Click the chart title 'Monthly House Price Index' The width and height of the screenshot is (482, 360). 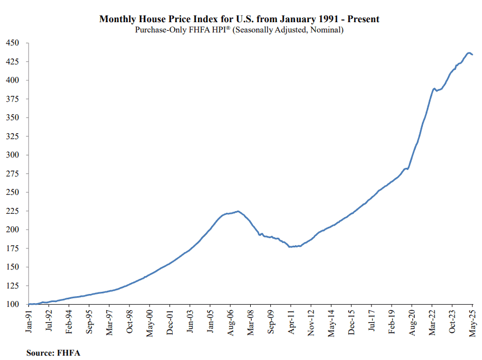tap(159, 19)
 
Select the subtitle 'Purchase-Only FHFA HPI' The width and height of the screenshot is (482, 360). tap(183, 30)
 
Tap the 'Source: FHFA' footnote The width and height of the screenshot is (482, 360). tap(53, 352)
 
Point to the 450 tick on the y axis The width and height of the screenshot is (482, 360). tap(12, 43)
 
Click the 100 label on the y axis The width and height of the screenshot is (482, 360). tap(12, 304)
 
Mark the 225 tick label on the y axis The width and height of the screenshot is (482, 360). tap(12, 211)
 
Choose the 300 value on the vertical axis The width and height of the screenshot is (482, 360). tap(12, 155)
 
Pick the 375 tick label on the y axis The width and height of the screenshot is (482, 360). tap(12, 99)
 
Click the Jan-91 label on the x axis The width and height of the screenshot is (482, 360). tap(29, 321)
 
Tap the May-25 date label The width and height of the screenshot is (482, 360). tap(472, 323)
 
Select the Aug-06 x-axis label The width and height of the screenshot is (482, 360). tap(230, 323)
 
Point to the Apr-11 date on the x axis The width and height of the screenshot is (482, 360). tap(291, 322)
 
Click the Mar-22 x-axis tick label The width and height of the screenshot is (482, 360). tap(432, 323)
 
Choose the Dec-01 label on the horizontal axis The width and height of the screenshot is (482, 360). tap(170, 323)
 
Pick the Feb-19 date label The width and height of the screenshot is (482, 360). tap(392, 322)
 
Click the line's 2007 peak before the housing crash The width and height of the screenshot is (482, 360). tap(238, 211)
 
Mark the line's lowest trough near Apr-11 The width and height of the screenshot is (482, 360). tap(290, 247)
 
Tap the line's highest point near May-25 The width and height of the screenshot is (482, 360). tap(469, 53)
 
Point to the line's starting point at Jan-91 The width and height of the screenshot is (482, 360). tap(29, 304)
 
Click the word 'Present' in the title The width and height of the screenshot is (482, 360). tap(363, 19)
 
